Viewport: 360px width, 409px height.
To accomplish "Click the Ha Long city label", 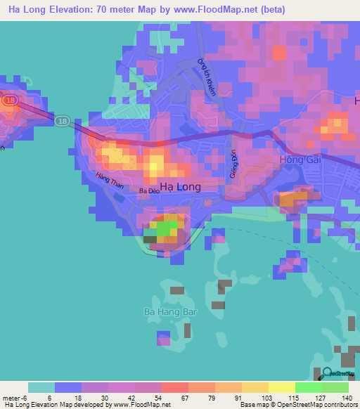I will click(x=180, y=187).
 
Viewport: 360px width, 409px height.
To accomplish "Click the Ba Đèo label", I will click(x=148, y=190).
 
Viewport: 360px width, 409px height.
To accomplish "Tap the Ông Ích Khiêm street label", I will click(x=207, y=77).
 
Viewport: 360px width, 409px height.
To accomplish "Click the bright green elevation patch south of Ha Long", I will click(x=167, y=228).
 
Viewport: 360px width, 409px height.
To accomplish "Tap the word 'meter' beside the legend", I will click(x=12, y=398).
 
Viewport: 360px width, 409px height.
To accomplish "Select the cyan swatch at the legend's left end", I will click(x=41, y=387).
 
